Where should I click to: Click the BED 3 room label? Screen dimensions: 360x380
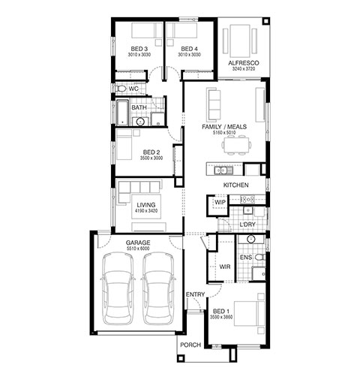click(x=139, y=49)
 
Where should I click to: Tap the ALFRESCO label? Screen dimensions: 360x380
click(x=244, y=63)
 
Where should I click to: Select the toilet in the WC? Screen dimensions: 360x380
click(x=121, y=89)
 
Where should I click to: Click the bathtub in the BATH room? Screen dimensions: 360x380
click(x=122, y=113)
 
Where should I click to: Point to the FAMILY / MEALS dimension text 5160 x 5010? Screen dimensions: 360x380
click(x=224, y=133)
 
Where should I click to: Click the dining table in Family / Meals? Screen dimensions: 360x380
click(x=236, y=145)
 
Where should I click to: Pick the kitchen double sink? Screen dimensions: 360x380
click(x=220, y=170)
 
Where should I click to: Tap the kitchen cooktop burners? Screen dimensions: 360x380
click(x=247, y=199)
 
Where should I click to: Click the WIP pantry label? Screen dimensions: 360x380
click(x=220, y=202)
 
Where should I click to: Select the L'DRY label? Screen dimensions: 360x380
click(x=247, y=225)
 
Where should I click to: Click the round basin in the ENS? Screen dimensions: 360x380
click(x=250, y=239)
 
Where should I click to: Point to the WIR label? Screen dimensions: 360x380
click(x=225, y=267)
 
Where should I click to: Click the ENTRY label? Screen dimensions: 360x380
click(x=195, y=294)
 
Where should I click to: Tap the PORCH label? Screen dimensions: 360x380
click(x=190, y=345)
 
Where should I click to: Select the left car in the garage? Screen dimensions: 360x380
click(x=118, y=288)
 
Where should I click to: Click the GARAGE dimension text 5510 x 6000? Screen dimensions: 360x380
click(x=138, y=249)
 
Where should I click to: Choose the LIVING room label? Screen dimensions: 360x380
click(x=146, y=205)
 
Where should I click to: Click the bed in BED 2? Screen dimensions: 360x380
click(x=124, y=144)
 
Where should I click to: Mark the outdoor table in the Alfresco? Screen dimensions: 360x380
click(x=240, y=41)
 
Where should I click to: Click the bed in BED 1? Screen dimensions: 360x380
click(x=249, y=313)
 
